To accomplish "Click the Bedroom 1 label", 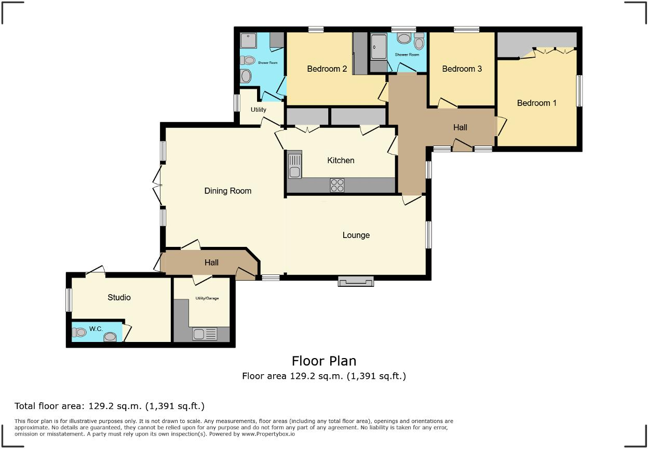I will [x=536, y=103].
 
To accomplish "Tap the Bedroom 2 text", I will [x=327, y=69].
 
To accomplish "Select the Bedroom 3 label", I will [x=462, y=69].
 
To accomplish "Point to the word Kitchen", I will [x=341, y=160].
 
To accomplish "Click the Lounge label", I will [x=356, y=235].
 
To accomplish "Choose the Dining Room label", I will [x=227, y=191].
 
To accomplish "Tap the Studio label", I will [x=119, y=297].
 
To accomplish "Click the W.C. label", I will [x=96, y=328].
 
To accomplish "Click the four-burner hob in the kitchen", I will [x=337, y=185].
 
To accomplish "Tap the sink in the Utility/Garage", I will [x=205, y=334].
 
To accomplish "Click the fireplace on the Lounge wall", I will [x=356, y=282].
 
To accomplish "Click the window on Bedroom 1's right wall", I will [x=579, y=91].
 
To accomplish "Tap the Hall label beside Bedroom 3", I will [x=460, y=127].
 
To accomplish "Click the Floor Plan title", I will [x=323, y=361].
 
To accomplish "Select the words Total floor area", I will [x=47, y=406].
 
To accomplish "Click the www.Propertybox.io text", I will [x=268, y=433].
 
